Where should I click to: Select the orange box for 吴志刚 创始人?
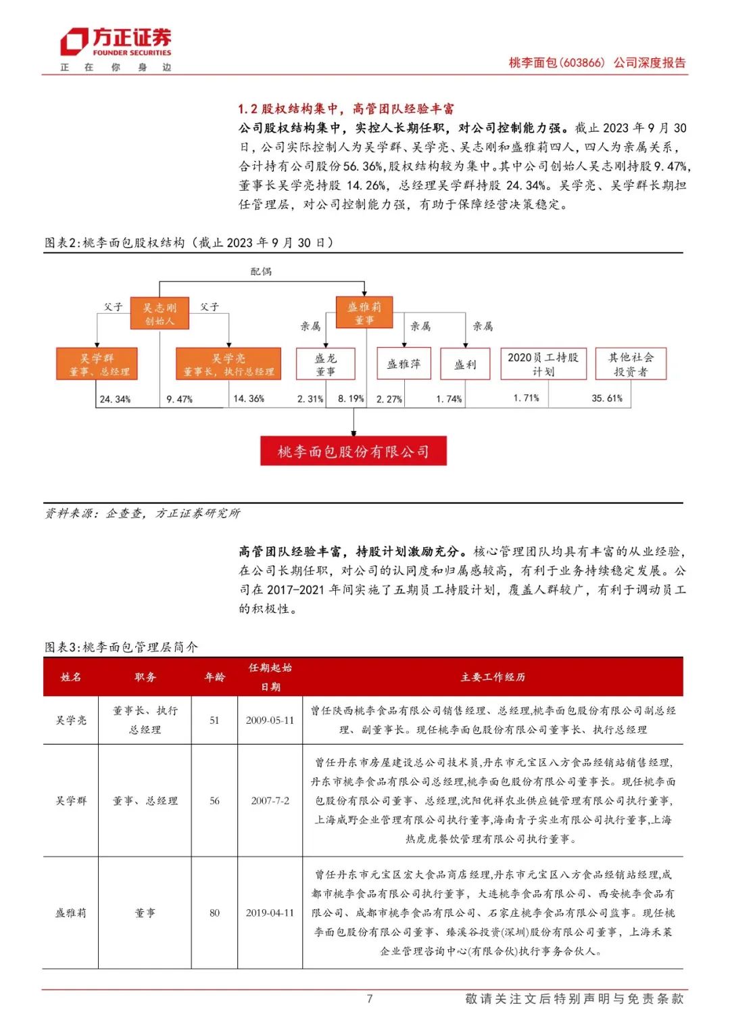pyautogui.click(x=160, y=314)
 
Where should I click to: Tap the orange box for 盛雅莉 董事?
pyautogui.click(x=364, y=313)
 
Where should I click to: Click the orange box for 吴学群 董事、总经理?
pyautogui.click(x=97, y=364)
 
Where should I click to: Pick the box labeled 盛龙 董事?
pyautogui.click(x=326, y=364)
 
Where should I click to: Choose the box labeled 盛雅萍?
pyautogui.click(x=404, y=364)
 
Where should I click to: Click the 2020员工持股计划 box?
pyautogui.click(x=543, y=364)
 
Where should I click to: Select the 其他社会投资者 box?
pyautogui.click(x=631, y=364)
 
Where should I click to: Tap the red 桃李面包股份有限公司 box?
pyautogui.click(x=354, y=451)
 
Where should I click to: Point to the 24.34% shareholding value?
pyautogui.click(x=115, y=399)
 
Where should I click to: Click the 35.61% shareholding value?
pyautogui.click(x=607, y=398)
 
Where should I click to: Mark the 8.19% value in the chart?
pyautogui.click(x=351, y=399)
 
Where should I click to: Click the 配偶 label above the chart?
pyautogui.click(x=261, y=271)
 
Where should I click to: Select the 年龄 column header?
pyautogui.click(x=214, y=677)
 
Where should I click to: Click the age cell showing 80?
pyautogui.click(x=214, y=913)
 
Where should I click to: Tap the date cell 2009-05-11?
pyautogui.click(x=270, y=720)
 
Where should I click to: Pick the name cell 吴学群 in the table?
pyautogui.click(x=71, y=801)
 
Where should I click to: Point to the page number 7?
pyautogui.click(x=369, y=998)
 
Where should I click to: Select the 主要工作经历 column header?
pyautogui.click(x=493, y=677)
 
